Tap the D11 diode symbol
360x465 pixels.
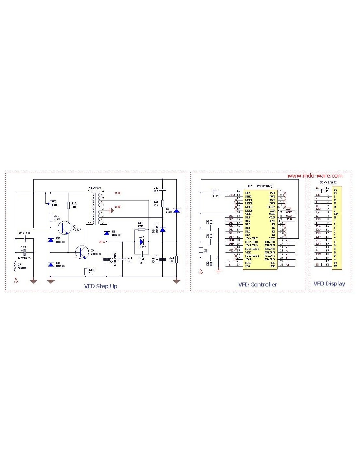coord(51,240)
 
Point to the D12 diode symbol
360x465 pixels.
coord(51,264)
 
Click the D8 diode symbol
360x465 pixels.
coord(106,233)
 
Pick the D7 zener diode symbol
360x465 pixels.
coord(176,210)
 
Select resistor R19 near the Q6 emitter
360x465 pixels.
coord(86,271)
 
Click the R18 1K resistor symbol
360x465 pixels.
coord(176,259)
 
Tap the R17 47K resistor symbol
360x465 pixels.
coord(142,230)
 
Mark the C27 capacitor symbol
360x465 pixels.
coord(163,189)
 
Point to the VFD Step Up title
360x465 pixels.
coord(101,286)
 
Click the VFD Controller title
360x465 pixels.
coord(258,284)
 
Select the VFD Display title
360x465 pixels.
coord(329,284)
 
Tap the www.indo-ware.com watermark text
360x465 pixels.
coord(315,176)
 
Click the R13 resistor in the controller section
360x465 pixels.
coord(217,193)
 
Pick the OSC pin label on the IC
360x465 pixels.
coord(248,193)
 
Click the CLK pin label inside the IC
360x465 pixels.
coord(272,217)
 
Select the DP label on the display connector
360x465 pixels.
coord(336,214)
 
